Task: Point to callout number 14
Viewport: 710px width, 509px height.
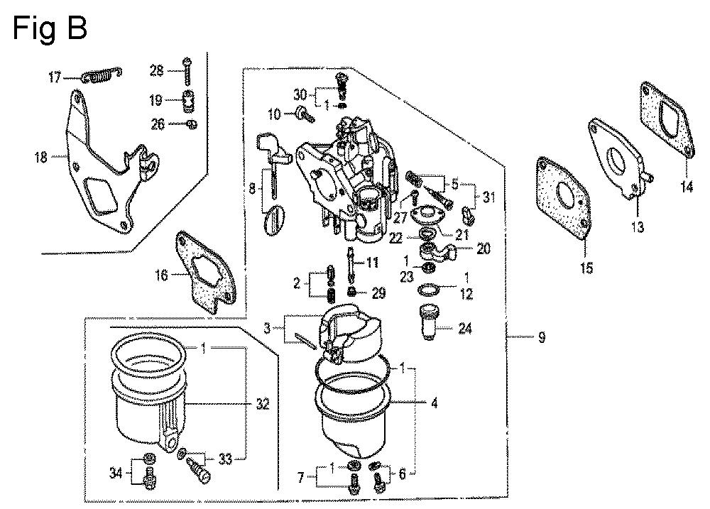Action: point(687,187)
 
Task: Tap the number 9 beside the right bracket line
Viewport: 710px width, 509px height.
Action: point(542,339)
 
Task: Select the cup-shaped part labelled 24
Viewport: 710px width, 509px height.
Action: point(430,322)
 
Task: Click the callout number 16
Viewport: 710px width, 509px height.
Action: point(162,274)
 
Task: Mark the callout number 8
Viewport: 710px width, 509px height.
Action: point(251,190)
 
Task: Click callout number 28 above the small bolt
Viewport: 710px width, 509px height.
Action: point(156,70)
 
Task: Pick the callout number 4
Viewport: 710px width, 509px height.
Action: point(434,404)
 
